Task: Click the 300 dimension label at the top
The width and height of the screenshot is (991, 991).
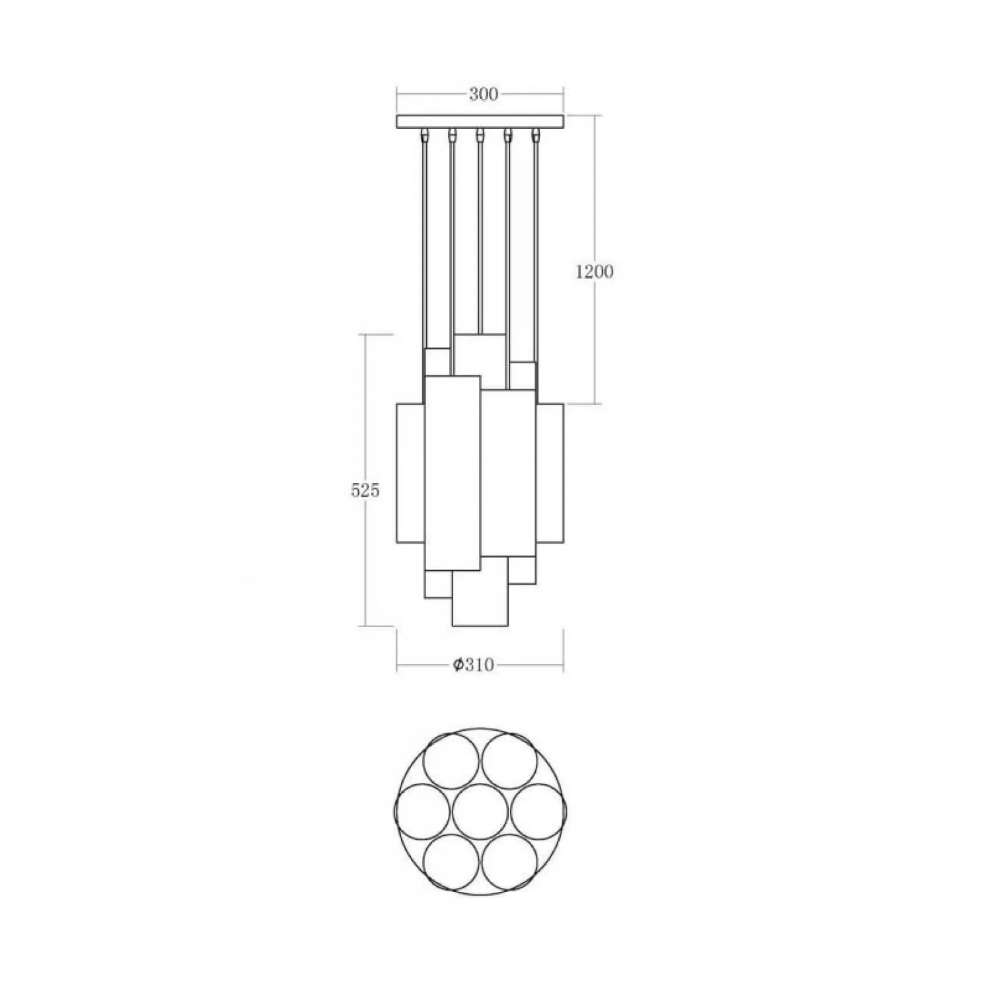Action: coord(483,94)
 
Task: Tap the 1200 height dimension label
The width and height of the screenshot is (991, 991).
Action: coord(594,272)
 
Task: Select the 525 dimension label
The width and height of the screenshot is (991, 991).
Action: coord(365,490)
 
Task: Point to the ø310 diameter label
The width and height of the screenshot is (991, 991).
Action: coord(474,665)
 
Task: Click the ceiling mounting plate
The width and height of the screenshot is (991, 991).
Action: coord(480,122)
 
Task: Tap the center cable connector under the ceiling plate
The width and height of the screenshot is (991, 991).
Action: coord(480,135)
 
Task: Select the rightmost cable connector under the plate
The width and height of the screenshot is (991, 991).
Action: coord(535,135)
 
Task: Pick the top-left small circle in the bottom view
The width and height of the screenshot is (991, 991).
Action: coord(451,760)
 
